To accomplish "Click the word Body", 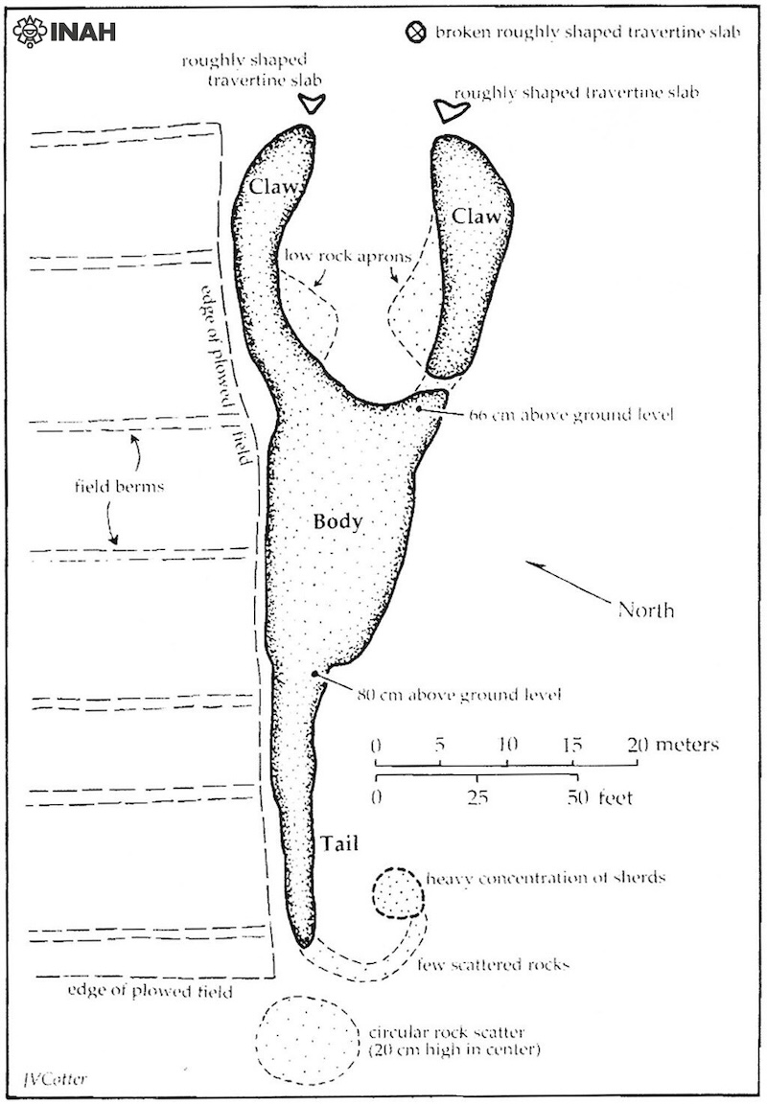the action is pos(337,521).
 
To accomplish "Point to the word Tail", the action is pos(339,843).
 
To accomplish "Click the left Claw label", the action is pos(275,187).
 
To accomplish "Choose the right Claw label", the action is pos(476,217).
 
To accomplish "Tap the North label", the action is pos(646,610).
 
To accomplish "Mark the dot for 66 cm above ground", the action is pos(420,407).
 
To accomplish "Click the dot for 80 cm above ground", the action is pos(314,674).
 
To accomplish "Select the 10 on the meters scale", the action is pos(507,745).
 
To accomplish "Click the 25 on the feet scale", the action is pos(477,797).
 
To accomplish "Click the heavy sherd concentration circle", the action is pos(398,893).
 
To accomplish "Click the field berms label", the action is pos(119,486).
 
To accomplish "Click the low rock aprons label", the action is pos(347,256).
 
